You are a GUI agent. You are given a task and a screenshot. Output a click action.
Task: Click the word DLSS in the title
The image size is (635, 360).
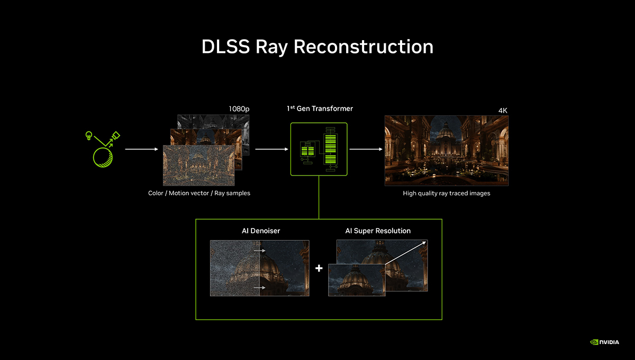click(225, 47)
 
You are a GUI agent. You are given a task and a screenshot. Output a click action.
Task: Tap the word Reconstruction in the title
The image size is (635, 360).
click(364, 47)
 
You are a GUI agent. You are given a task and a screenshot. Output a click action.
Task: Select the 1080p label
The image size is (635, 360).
click(239, 109)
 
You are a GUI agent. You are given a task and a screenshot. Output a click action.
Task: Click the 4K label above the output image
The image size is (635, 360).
click(503, 110)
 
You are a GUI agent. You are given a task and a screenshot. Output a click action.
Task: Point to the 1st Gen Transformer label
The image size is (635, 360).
click(320, 109)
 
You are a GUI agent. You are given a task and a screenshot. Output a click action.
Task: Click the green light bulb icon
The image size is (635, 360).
click(89, 136)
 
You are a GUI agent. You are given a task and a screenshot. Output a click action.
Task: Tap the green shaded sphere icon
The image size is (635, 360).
click(103, 157)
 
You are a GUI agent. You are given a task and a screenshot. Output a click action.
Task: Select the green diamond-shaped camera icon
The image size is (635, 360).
click(116, 136)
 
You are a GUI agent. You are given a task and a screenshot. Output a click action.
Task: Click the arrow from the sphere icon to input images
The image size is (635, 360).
click(141, 149)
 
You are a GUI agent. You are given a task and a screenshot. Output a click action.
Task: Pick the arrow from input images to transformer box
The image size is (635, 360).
click(271, 149)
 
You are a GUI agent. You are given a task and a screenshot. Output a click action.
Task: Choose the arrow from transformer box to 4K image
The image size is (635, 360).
click(366, 149)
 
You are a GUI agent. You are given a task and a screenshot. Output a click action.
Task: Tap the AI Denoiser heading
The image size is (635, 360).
click(261, 231)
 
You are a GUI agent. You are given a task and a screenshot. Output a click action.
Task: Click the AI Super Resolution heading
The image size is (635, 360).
click(378, 231)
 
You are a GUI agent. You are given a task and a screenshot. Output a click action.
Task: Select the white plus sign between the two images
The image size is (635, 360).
click(319, 268)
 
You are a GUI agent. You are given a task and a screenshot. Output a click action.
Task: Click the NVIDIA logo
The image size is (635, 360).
click(604, 342)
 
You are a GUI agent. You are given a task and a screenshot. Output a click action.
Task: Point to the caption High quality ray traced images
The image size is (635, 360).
click(447, 193)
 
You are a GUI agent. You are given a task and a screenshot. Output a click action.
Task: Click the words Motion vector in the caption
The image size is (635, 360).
click(189, 193)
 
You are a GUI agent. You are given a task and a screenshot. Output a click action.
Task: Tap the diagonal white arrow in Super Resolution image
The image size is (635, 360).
click(406, 253)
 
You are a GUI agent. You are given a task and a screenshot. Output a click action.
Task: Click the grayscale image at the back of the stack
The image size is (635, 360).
click(213, 121)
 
